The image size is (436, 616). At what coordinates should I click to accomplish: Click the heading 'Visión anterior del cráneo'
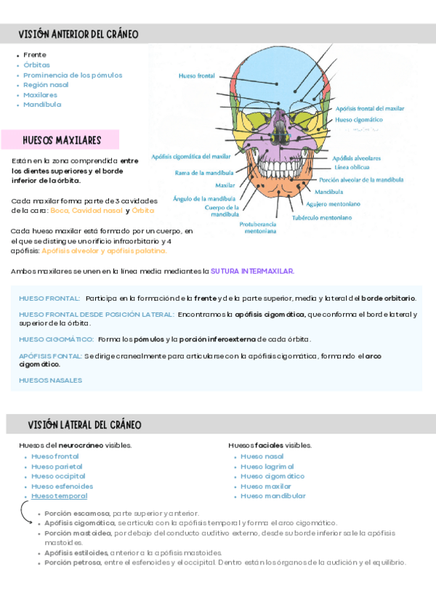80,34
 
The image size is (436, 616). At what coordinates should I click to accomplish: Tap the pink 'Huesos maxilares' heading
62,139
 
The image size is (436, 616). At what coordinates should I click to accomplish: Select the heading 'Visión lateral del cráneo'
84,424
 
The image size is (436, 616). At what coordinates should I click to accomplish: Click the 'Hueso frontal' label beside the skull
196,75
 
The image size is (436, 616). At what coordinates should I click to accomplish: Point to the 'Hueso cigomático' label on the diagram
358,119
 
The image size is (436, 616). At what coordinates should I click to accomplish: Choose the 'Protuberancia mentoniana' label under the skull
258,228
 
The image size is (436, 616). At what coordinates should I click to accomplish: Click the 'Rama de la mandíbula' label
204,173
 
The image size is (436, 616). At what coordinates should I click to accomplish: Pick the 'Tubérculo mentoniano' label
322,216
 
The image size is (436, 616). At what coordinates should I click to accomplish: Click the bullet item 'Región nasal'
46,85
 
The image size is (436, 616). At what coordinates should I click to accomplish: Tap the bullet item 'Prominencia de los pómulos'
73,75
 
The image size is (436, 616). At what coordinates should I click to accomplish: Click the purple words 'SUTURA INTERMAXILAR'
252,271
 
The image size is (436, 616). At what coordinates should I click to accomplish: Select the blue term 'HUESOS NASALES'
51,380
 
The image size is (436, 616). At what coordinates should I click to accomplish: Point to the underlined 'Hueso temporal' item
59,496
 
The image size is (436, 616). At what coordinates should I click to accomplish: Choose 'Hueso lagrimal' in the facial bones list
267,466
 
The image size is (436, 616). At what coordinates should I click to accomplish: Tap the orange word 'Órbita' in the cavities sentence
143,210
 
